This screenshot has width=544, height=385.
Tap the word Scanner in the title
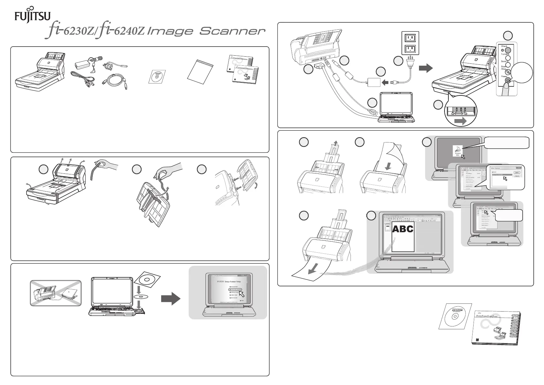click(x=232, y=31)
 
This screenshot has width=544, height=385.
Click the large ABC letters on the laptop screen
click(x=403, y=229)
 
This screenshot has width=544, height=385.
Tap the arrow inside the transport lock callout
click(x=460, y=121)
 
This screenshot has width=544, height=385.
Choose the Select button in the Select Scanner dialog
click(x=517, y=172)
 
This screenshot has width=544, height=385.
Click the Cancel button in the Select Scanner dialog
click(x=517, y=176)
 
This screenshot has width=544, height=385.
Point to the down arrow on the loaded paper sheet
click(x=388, y=166)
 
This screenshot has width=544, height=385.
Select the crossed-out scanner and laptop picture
click(x=56, y=293)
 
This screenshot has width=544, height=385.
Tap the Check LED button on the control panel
click(x=508, y=50)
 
